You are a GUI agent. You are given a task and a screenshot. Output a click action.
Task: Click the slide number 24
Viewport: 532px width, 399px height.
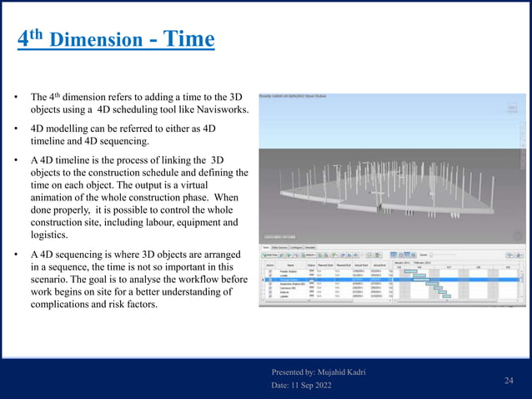pyautogui.click(x=508, y=381)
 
